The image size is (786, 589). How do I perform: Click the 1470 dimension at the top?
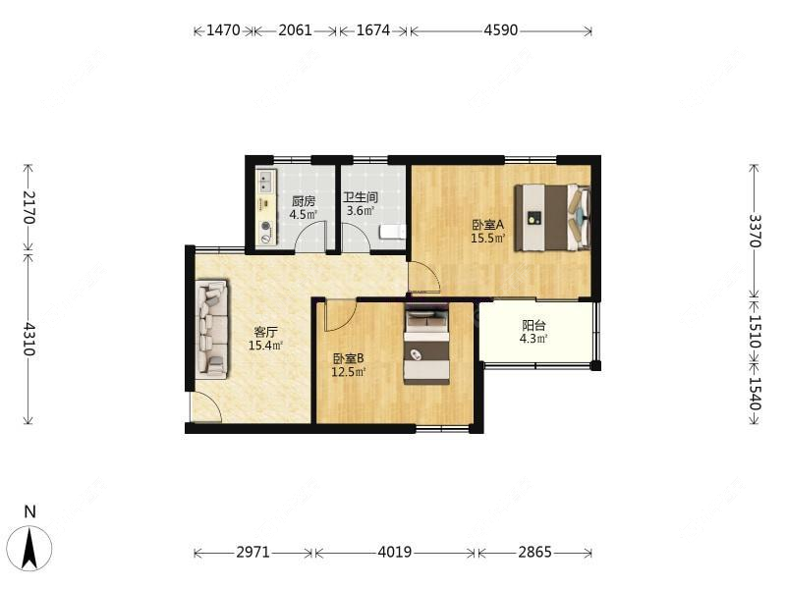pyautogui.click(x=223, y=30)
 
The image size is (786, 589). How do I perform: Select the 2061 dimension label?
pyautogui.click(x=295, y=30)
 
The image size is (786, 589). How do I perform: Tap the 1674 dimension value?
pyautogui.click(x=372, y=30)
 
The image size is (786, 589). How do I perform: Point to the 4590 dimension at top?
pyautogui.click(x=501, y=30)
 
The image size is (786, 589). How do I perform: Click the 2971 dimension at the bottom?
pyautogui.click(x=253, y=553)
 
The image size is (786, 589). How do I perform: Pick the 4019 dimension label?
pyautogui.click(x=395, y=553)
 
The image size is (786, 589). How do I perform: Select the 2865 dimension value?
pyautogui.click(x=535, y=553)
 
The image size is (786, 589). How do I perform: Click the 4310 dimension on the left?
pyautogui.click(x=28, y=339)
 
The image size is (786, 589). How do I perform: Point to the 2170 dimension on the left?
pyautogui.click(x=28, y=207)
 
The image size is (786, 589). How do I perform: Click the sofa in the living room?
pyautogui.click(x=211, y=329)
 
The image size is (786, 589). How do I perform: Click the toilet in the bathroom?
pyautogui.click(x=391, y=232)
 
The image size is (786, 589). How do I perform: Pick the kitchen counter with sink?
pyautogui.click(x=265, y=207)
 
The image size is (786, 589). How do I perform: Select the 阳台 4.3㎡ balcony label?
pyautogui.click(x=534, y=332)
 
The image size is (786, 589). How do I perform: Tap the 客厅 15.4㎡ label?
pyautogui.click(x=266, y=338)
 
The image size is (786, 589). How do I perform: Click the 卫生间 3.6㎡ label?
pyautogui.click(x=361, y=203)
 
